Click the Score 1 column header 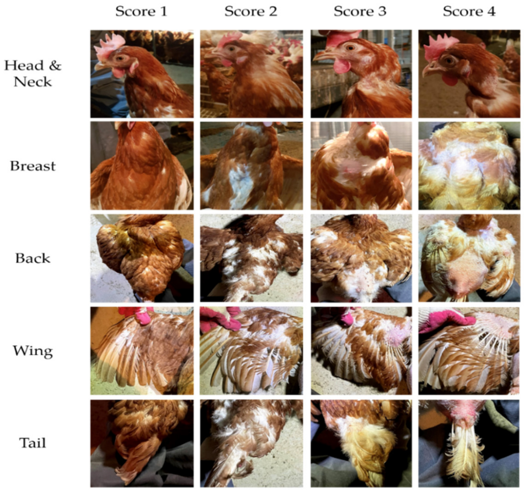tap(141, 12)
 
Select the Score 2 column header tap(251, 12)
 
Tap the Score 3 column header tap(360, 12)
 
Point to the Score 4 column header tap(469, 12)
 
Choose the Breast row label tap(33, 166)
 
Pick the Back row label tap(33, 258)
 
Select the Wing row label tap(33, 351)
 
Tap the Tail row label tap(33, 443)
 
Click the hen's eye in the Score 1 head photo tap(120, 58)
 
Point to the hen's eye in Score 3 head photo tap(350, 48)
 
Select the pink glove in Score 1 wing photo tap(141, 315)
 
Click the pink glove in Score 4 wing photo tap(445, 321)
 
